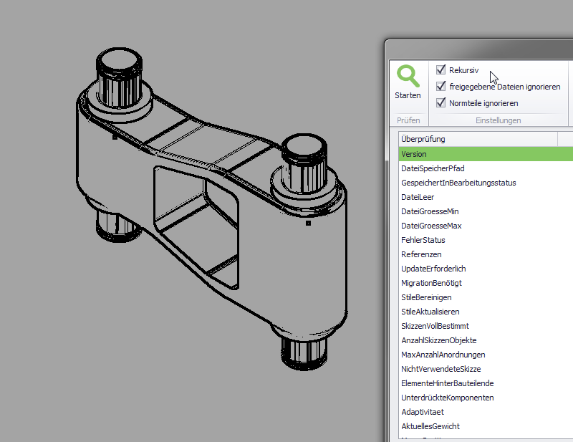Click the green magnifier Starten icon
click(x=408, y=76)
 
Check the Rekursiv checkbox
click(x=440, y=69)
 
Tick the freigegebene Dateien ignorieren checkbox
click(x=440, y=86)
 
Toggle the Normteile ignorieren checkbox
click(x=440, y=102)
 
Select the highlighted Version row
click(x=414, y=154)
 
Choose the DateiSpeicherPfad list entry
click(x=433, y=168)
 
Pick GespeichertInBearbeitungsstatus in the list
click(x=458, y=183)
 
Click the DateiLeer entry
click(x=418, y=197)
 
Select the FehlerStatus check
click(x=423, y=240)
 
